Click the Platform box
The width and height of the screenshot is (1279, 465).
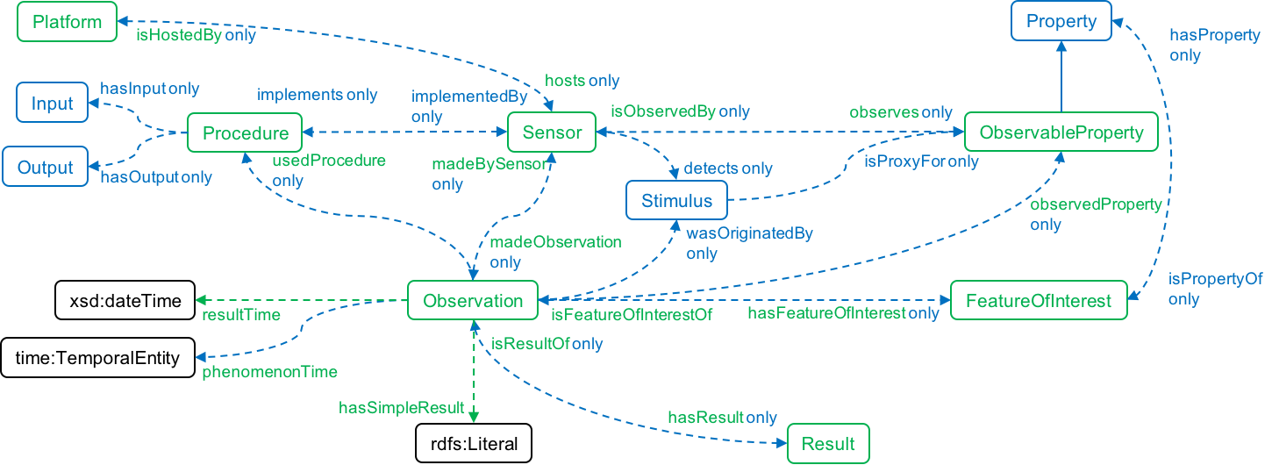tap(67, 22)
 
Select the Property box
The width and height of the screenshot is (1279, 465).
tap(1061, 21)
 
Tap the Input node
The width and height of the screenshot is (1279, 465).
tap(52, 104)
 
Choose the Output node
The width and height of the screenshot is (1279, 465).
tap(45, 168)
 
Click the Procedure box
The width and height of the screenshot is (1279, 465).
tap(245, 133)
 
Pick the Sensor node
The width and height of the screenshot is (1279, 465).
tap(552, 133)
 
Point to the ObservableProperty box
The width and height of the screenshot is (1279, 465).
tap(1061, 133)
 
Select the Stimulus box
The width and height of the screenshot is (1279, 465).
tap(676, 201)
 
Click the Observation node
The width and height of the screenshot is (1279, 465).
tap(473, 301)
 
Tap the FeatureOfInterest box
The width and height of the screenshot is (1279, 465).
tap(1039, 301)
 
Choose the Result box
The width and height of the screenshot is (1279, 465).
tap(828, 443)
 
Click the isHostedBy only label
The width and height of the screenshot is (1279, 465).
tap(196, 36)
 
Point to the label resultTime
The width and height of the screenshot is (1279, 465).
tap(241, 315)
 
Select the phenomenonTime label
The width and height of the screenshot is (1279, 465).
tap(269, 371)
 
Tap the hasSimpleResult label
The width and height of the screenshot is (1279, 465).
tap(401, 408)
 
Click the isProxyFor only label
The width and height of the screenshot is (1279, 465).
tap(921, 161)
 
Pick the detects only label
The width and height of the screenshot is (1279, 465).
tap(727, 168)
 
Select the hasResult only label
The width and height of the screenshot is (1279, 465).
tap(722, 417)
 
